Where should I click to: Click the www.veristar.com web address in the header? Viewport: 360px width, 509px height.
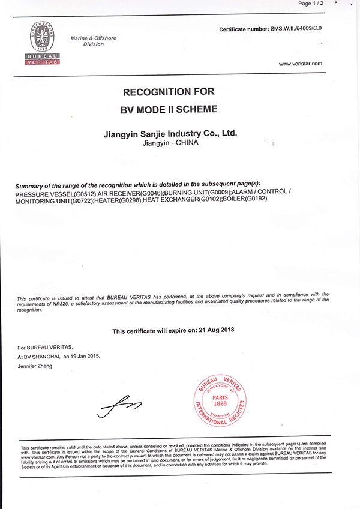point(301,64)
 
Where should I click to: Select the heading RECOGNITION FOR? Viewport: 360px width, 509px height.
point(168,92)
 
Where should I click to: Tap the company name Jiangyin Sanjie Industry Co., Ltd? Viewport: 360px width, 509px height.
point(171,134)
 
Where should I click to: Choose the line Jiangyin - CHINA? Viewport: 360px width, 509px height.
point(171,144)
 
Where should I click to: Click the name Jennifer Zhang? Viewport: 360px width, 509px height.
point(35,366)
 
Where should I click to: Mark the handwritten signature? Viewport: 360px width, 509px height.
point(120,406)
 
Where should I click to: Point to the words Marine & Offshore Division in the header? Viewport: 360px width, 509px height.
point(94,41)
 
